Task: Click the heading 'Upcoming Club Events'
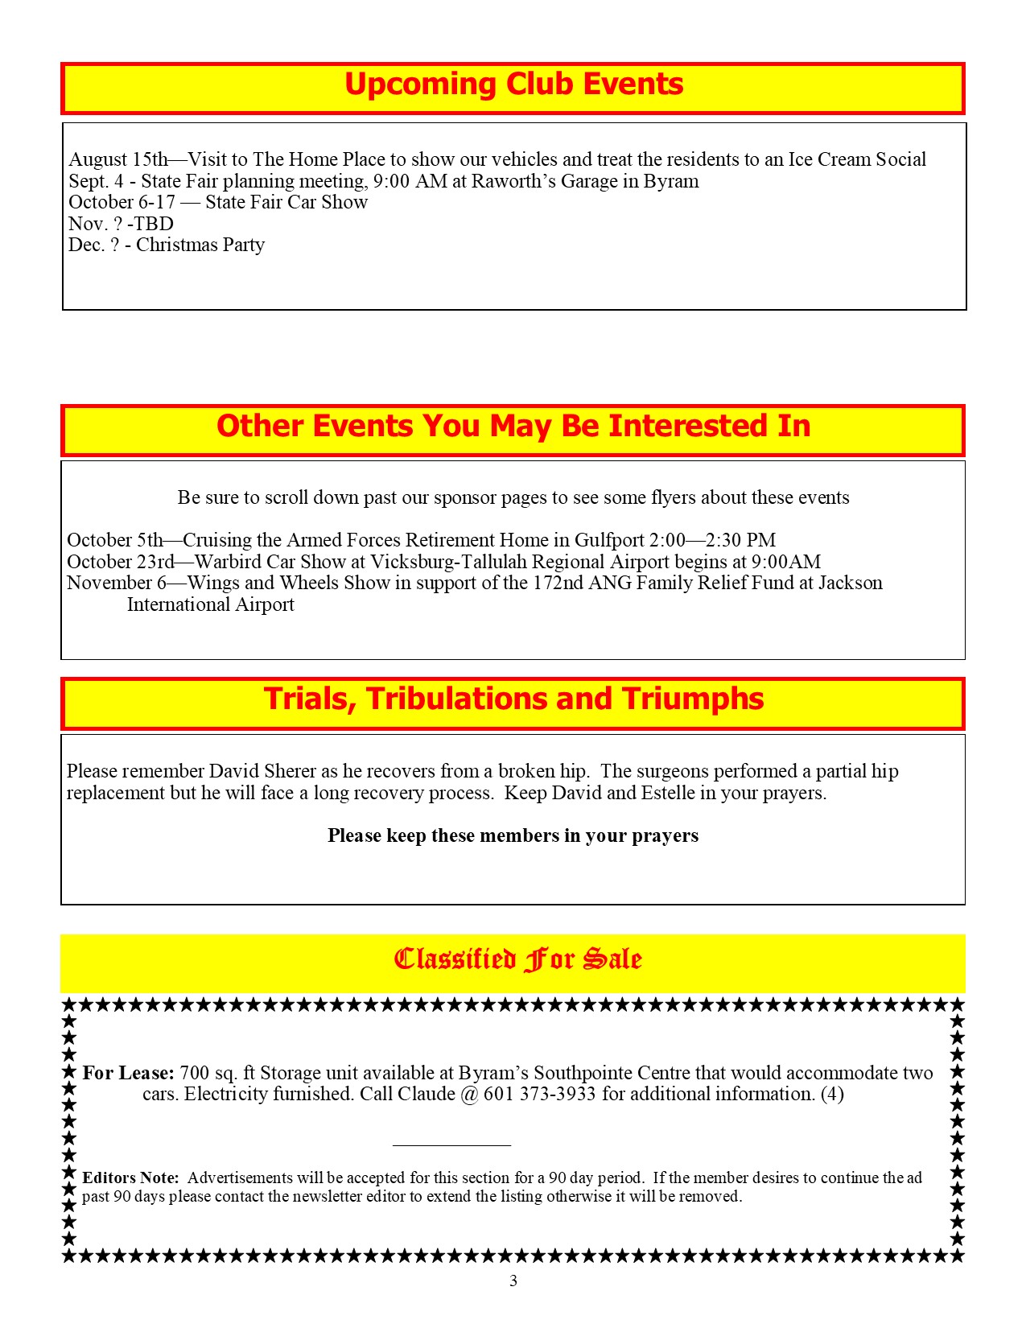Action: pyautogui.click(x=513, y=85)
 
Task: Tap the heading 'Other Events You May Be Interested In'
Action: pyautogui.click(x=513, y=427)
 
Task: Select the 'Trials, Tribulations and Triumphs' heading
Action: pyautogui.click(x=513, y=699)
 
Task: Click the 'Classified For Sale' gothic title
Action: pyautogui.click(x=517, y=959)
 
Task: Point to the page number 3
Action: pyautogui.click(x=513, y=1281)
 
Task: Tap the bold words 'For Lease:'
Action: pyautogui.click(x=128, y=1073)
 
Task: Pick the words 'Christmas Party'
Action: pyautogui.click(x=200, y=245)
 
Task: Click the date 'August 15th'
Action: pyautogui.click(x=118, y=159)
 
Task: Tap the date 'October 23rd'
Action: pyautogui.click(x=121, y=562)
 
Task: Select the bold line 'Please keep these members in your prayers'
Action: pyautogui.click(x=513, y=835)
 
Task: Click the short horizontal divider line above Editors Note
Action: pyautogui.click(x=451, y=1144)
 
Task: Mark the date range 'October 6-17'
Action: pyautogui.click(x=122, y=202)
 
